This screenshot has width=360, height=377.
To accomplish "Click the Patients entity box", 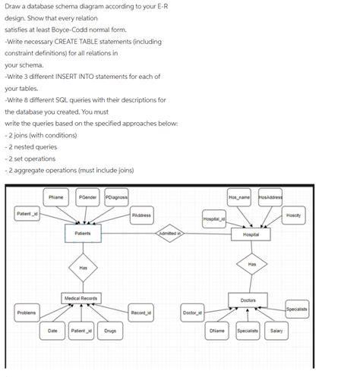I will point(83,234).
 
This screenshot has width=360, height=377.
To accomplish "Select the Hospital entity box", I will point(251,234).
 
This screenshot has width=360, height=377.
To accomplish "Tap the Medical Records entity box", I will point(81,299).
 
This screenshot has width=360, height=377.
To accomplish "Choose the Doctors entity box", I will point(248,301).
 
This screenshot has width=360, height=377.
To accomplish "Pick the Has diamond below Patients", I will point(83,268).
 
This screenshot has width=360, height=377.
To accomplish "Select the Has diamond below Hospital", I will point(251,264).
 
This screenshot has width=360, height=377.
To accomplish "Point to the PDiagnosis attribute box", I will point(116,197).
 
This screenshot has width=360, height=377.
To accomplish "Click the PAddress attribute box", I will point(141,215).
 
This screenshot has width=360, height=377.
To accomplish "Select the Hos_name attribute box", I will point(238,197).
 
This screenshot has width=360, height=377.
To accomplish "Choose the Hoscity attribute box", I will point(293,215).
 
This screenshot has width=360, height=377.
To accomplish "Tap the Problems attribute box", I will point(27,313).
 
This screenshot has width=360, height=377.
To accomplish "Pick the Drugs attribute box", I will point(110,331).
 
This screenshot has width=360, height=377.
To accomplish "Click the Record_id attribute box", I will point(141,313).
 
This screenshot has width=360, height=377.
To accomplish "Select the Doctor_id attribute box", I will point(192,313).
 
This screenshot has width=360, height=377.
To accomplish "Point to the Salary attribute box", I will point(276,331).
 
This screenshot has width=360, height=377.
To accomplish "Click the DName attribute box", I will point(216,331).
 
